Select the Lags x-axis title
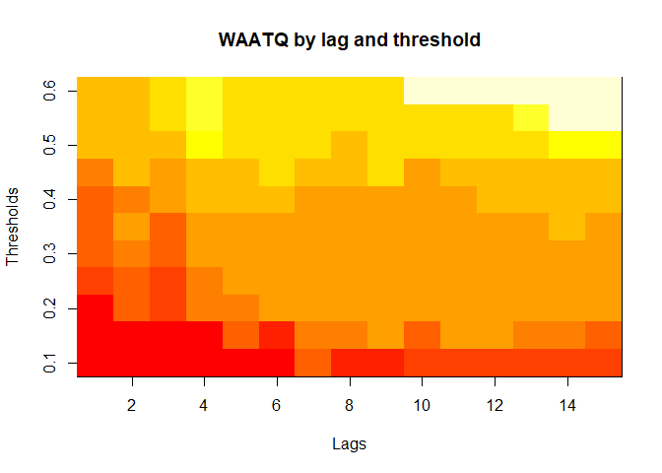[350, 443]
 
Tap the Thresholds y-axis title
[13, 227]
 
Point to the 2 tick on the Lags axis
[131, 404]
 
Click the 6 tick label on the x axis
[277, 404]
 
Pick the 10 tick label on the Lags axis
[422, 404]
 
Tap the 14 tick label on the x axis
[567, 404]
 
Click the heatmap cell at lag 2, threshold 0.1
[131, 363]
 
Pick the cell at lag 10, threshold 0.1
[422, 363]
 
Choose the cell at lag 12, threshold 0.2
[495, 308]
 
